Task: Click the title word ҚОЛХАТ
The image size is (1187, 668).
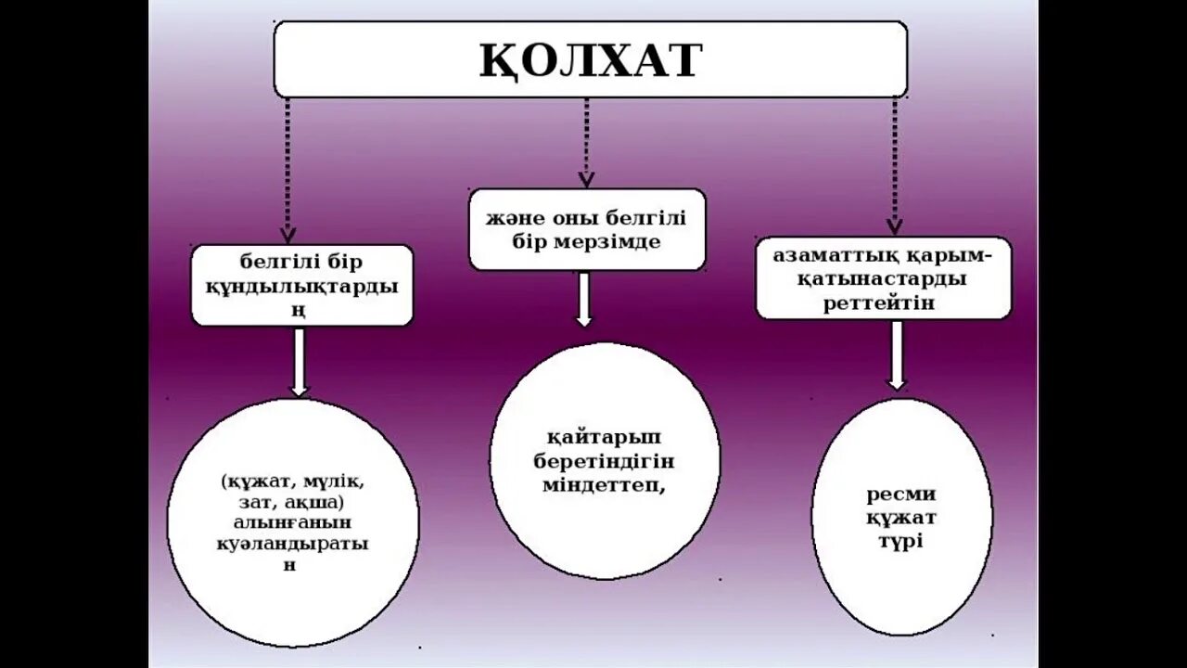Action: [x=590, y=60]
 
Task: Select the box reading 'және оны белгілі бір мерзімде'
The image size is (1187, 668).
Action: [x=586, y=230]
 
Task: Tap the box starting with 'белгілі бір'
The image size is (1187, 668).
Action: [x=301, y=285]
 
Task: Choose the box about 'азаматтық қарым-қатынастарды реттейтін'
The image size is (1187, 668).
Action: [x=882, y=278]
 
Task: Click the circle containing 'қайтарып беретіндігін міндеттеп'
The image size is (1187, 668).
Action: [x=604, y=461]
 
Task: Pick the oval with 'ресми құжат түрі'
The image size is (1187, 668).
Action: [x=901, y=517]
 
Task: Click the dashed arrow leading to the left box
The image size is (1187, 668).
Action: [x=288, y=167]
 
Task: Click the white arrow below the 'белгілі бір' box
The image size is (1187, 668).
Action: [x=299, y=362]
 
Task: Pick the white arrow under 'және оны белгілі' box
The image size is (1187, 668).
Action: [x=583, y=299]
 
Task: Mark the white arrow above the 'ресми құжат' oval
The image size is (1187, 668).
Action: [x=896, y=354]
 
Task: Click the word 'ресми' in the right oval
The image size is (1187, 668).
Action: [x=900, y=494]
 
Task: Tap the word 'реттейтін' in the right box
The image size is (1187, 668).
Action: [x=878, y=302]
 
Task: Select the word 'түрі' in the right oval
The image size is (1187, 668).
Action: [x=900, y=540]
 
